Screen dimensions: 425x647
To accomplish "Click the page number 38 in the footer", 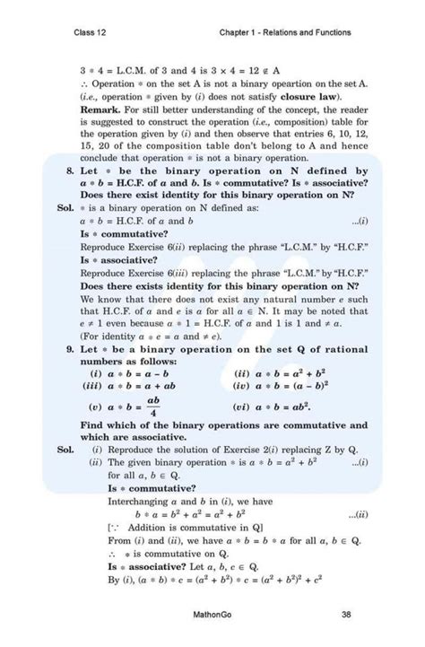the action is coord(346,614).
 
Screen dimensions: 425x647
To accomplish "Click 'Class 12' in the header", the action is coord(91,33).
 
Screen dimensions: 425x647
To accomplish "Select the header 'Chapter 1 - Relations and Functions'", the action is coord(284,33).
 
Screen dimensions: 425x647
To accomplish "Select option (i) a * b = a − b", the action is coord(132,372).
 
